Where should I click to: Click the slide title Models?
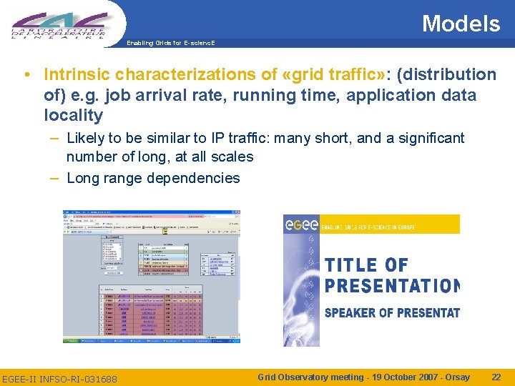(461, 24)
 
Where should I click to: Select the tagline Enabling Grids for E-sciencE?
(170, 43)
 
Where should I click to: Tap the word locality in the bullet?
(73, 115)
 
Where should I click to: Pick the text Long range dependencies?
(153, 178)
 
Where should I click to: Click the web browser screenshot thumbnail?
(151, 277)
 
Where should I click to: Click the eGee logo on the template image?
(298, 225)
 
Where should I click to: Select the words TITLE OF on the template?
(366, 265)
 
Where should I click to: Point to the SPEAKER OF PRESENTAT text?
(392, 312)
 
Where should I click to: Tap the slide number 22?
(496, 377)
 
